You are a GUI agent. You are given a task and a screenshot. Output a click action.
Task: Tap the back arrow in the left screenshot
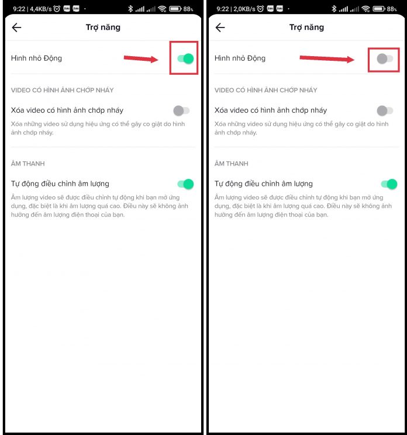point(16,27)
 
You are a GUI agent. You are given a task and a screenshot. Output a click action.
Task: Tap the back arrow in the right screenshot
point(220,27)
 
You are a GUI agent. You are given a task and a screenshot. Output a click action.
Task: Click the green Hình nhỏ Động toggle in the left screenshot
point(185,58)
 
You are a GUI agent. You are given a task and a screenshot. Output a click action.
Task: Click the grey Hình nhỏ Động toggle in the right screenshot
point(385,58)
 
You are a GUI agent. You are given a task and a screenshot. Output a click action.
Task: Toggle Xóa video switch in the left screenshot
point(181,111)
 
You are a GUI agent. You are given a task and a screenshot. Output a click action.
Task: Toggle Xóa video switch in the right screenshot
point(385,111)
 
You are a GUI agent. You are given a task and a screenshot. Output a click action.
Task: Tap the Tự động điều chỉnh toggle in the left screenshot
point(185,184)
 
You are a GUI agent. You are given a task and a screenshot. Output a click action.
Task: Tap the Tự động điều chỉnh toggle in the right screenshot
point(389,184)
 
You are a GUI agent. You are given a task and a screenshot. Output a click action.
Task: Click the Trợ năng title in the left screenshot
point(103,27)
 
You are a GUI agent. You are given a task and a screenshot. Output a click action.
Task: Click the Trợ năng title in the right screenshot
point(306,27)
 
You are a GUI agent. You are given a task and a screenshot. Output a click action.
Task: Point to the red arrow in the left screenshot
point(141,58)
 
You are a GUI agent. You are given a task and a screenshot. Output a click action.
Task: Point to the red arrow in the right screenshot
point(327,58)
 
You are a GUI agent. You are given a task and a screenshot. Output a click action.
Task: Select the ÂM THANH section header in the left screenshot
point(27,163)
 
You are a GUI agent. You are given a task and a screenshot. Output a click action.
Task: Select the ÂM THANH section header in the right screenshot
point(232,163)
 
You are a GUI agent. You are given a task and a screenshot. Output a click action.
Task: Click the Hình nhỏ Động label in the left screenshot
point(36,58)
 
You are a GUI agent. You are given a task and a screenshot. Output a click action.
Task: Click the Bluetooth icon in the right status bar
point(334,9)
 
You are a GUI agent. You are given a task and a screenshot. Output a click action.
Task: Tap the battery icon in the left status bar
point(175,9)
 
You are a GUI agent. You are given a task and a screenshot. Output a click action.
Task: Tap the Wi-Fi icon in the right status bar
point(365,9)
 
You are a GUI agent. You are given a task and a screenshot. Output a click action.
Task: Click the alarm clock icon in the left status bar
point(57,9)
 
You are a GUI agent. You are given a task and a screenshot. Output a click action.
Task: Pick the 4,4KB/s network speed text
point(41,9)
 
